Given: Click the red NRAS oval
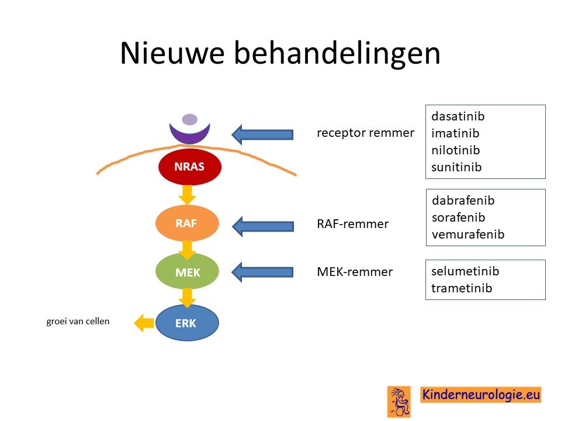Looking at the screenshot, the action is click(189, 167).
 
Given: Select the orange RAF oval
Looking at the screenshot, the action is click(187, 223).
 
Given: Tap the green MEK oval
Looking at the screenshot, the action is click(187, 271).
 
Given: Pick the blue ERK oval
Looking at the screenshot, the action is click(187, 323).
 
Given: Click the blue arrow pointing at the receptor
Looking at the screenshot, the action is click(262, 134).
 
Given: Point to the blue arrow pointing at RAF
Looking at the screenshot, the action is click(263, 226).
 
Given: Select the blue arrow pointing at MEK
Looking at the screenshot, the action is click(262, 272).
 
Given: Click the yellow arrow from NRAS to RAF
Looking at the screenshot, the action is click(187, 195).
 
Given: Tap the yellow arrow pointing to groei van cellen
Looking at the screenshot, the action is click(144, 323).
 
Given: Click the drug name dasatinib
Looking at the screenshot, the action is click(458, 116).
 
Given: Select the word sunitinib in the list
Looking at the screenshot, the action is click(456, 167).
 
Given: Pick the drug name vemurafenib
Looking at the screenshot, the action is click(468, 234).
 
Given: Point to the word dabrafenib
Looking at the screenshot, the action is click(463, 201).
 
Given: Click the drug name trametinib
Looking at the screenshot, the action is click(462, 288).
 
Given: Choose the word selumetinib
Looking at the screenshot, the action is click(465, 271).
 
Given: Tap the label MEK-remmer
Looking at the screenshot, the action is click(355, 272).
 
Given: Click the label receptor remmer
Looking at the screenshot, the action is click(365, 133).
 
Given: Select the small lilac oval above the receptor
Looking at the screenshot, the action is click(189, 119).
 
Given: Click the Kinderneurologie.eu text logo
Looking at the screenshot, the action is click(480, 395).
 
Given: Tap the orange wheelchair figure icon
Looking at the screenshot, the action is click(399, 402).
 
